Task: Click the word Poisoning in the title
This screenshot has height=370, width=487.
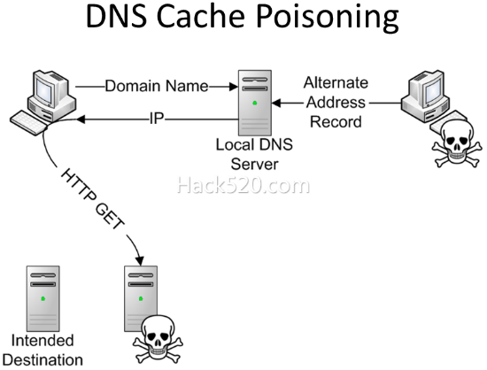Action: pos(328,16)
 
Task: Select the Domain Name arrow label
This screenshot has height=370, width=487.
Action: pos(157,86)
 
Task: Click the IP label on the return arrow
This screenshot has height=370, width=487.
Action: pos(157,119)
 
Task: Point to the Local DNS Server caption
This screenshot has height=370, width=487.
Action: pos(254,154)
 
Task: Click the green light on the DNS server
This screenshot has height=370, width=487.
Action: pos(255,103)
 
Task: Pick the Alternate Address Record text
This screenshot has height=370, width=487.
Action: pos(336,102)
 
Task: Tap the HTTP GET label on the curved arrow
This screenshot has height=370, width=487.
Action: pos(93,199)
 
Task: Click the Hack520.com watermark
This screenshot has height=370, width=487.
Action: pos(243,186)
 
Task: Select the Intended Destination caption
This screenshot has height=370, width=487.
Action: pos(43,351)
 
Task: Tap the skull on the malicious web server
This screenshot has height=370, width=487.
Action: pos(158,339)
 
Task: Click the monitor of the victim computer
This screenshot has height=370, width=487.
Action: pos(48,88)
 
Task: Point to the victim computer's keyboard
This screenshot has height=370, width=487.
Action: pos(28,123)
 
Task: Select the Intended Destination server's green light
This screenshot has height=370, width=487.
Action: pos(43,298)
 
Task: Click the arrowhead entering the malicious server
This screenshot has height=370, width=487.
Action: pos(139,261)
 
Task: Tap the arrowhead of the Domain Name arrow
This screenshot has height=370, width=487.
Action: pos(233,87)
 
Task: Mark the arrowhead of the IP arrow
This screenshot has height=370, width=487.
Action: pos(81,119)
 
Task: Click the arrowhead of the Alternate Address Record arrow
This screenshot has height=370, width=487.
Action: pos(276,103)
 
